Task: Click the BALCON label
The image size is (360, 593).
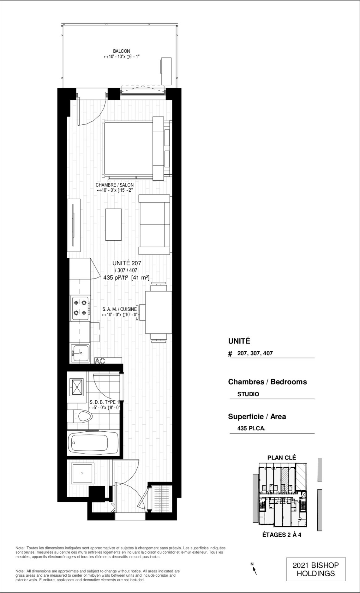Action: click(x=122, y=51)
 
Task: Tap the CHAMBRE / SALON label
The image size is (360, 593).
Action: click(x=115, y=185)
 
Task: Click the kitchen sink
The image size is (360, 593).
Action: click(x=80, y=353)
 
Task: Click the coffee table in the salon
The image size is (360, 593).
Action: click(x=114, y=225)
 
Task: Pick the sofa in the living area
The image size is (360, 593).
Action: click(x=155, y=225)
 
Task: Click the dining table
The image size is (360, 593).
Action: click(x=159, y=312)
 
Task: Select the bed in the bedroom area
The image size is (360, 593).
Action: click(x=135, y=148)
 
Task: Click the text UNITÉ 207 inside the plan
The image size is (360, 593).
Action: click(x=127, y=263)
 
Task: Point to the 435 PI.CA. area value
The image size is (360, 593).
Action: click(x=251, y=428)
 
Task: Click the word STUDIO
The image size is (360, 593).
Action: click(x=248, y=394)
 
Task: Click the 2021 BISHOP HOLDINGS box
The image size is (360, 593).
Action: click(x=316, y=569)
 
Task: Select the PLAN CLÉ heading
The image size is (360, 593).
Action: click(x=282, y=458)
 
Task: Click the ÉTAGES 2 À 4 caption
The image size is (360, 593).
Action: click(x=282, y=535)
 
